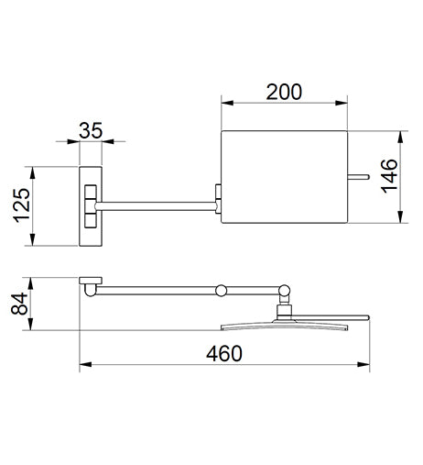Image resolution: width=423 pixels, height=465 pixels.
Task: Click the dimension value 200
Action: point(284,92)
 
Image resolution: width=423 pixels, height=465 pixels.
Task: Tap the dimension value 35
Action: point(91,130)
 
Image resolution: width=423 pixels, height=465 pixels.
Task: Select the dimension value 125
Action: point(22,205)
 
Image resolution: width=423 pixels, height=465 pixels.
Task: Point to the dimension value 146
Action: point(389,176)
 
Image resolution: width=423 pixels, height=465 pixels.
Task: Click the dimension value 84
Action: point(19,304)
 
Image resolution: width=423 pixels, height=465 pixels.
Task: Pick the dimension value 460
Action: point(224,353)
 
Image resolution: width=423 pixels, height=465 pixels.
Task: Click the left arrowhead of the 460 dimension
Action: point(85,364)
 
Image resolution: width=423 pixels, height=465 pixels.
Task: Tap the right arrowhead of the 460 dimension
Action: point(363,364)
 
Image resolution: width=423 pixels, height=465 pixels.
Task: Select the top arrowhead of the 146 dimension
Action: point(401,138)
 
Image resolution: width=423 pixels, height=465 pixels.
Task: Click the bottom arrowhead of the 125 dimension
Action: point(32,239)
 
